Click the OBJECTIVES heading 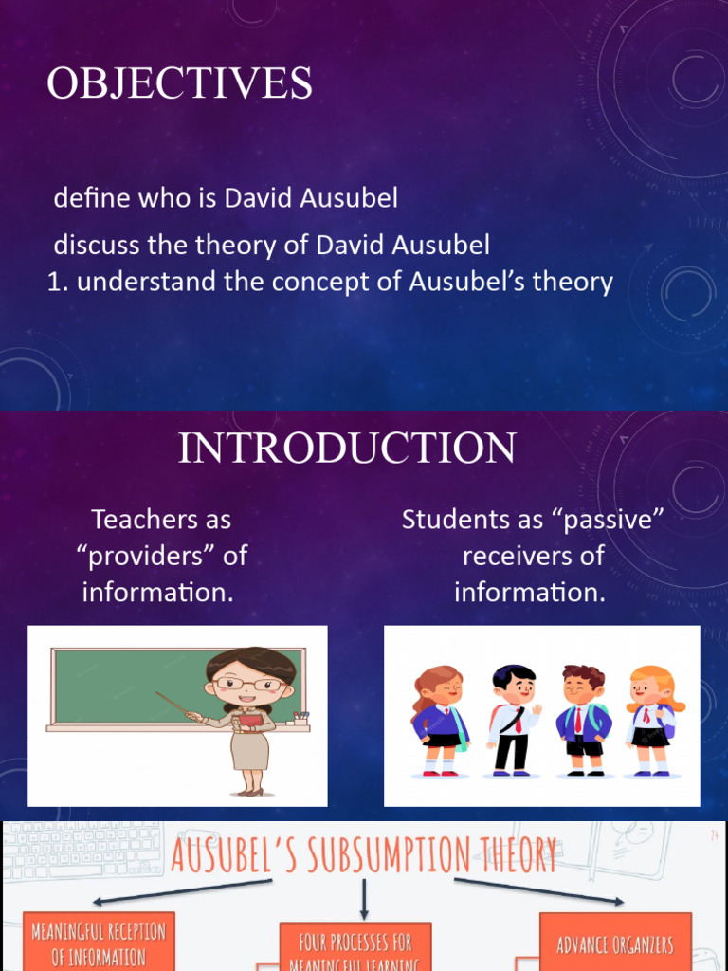point(179,83)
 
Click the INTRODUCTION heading point(347,448)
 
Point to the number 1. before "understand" point(58,282)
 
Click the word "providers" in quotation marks point(146,556)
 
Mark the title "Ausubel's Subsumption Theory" point(364,853)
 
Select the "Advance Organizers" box point(615,944)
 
